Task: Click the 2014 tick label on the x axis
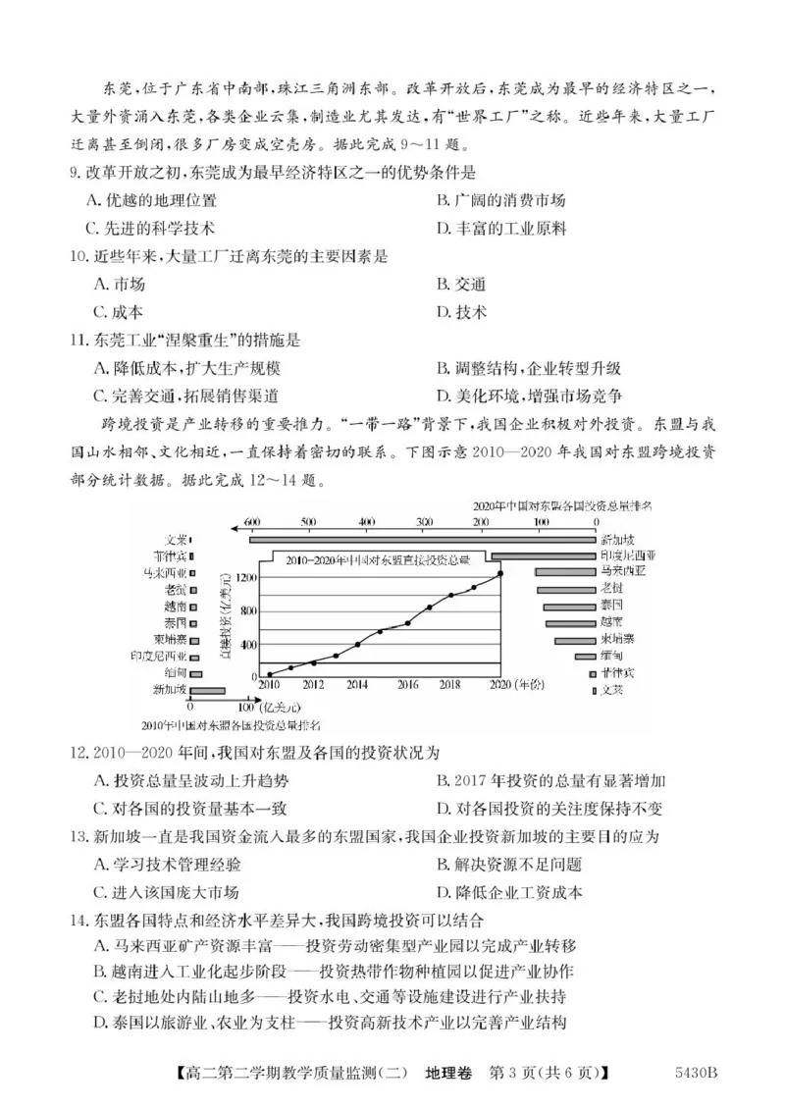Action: click(358, 684)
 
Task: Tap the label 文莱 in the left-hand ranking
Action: click(176, 539)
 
